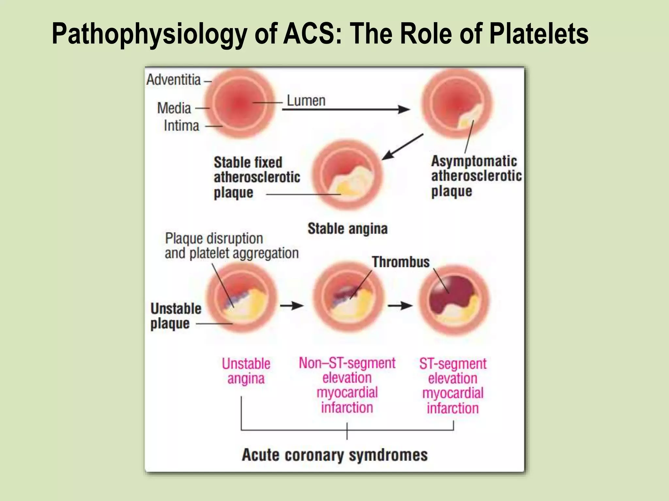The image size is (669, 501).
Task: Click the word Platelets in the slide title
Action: [539, 34]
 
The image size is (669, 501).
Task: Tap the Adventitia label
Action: [173, 80]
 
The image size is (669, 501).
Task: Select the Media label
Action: [174, 108]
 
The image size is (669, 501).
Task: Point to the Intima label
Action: [181, 126]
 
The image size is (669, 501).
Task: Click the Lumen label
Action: [306, 101]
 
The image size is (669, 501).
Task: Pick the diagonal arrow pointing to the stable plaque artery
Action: [402, 147]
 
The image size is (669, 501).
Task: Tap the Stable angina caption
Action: [348, 229]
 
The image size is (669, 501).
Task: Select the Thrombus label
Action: [401, 262]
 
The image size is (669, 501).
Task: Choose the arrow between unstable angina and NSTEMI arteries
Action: [292, 306]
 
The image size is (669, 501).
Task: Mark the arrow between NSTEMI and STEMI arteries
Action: [400, 306]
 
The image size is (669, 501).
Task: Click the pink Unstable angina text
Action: [246, 371]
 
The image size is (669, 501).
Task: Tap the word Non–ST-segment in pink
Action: [347, 363]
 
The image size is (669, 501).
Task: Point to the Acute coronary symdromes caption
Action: [334, 455]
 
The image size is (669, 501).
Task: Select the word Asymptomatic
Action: [474, 161]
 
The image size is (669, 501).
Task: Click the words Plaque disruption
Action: [214, 238]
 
